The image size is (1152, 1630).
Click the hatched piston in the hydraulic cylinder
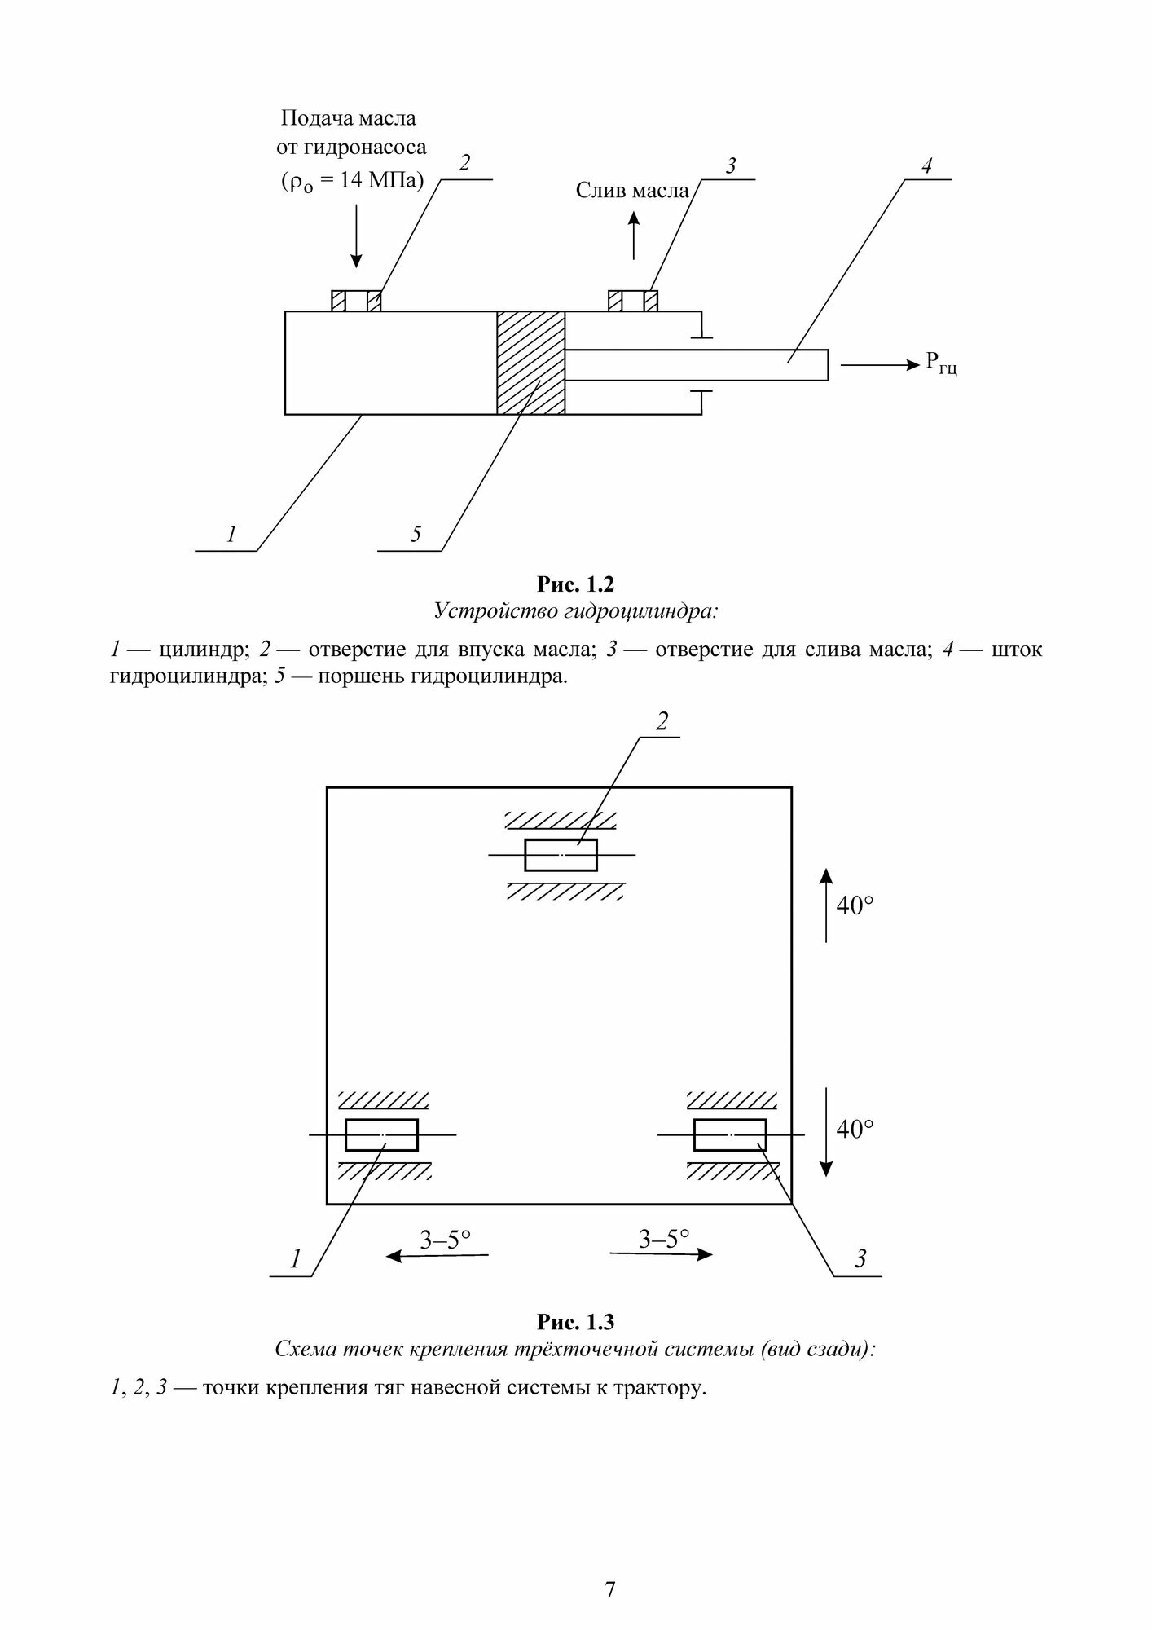pos(530,363)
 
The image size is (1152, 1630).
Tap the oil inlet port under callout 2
pos(356,301)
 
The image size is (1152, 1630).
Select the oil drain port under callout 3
pos(633,301)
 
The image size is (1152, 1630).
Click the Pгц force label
pos(941,364)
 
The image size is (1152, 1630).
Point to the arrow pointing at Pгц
pos(879,366)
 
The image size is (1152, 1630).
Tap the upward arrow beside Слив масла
pos(634,234)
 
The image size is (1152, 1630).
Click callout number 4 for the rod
pos(926,166)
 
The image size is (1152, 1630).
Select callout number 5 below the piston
pos(416,535)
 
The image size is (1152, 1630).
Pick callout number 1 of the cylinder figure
pos(231,535)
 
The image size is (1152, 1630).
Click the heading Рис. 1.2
pos(575,584)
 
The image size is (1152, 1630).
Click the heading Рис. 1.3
pos(575,1321)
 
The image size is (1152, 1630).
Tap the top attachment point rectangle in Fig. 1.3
pos(561,855)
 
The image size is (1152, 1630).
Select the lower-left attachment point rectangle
pos(381,1134)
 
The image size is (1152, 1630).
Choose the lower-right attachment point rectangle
pos(730,1134)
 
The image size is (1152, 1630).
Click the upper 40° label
pos(855,905)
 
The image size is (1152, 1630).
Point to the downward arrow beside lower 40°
pos(826,1132)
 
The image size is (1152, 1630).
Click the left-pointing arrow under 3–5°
pos(437,1256)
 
